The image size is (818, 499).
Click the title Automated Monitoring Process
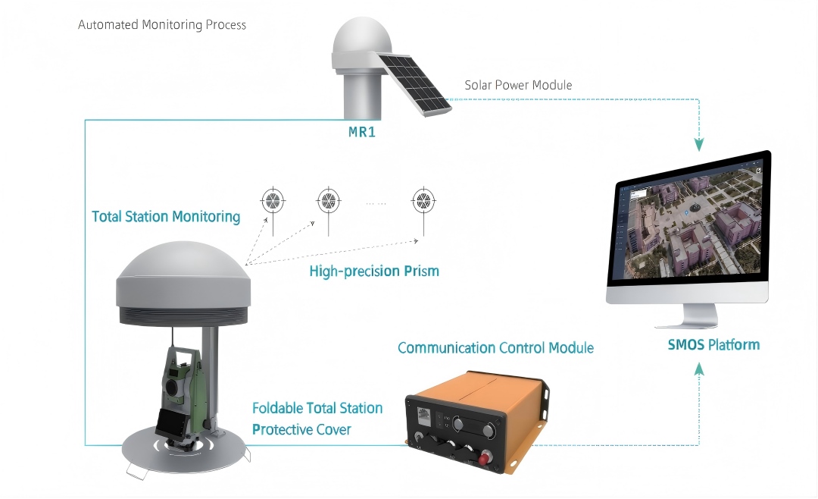(x=162, y=25)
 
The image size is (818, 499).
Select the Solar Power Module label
(x=518, y=85)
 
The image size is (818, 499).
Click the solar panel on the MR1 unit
(x=415, y=84)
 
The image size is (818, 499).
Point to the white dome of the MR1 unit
(x=361, y=42)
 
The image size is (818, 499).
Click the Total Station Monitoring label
(x=166, y=217)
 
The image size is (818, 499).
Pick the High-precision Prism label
(x=374, y=271)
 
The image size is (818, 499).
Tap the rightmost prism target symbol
(x=423, y=201)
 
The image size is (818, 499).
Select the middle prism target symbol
(x=327, y=201)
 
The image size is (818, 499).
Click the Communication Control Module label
(x=495, y=348)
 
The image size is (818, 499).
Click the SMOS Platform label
(x=713, y=345)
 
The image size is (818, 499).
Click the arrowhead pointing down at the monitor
(x=699, y=143)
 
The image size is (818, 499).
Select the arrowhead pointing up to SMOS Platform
(x=699, y=369)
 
